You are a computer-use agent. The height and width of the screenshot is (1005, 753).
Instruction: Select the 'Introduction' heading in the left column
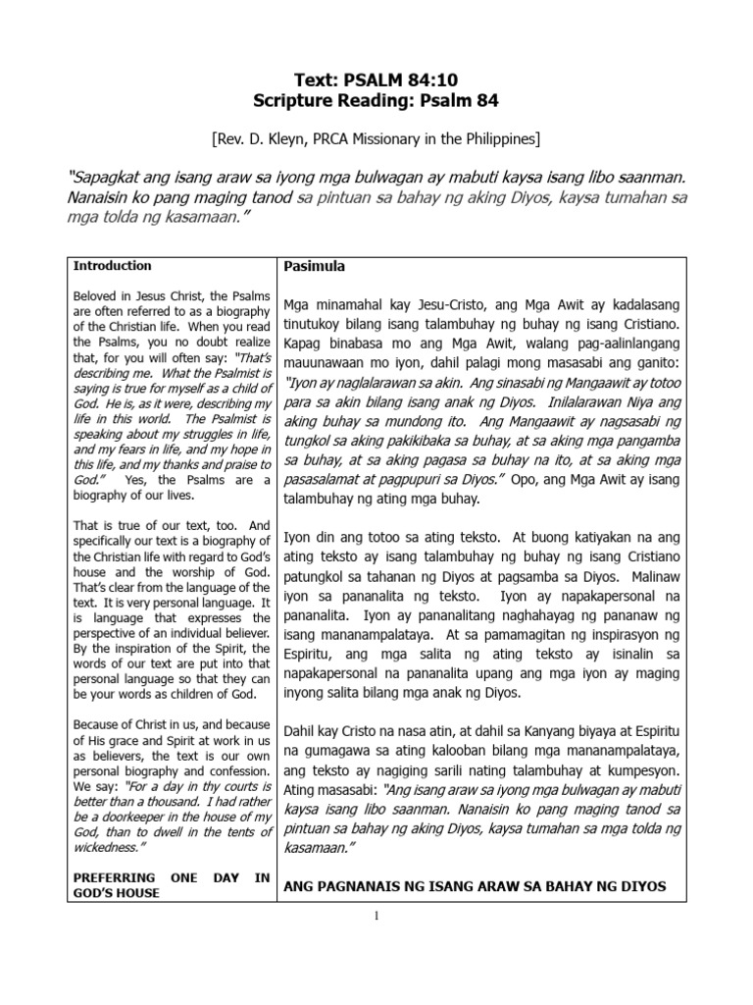[113, 266]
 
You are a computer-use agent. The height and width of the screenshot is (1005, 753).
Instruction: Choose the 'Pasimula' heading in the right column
[314, 267]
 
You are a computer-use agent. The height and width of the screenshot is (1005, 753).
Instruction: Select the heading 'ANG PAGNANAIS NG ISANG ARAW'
[474, 887]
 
